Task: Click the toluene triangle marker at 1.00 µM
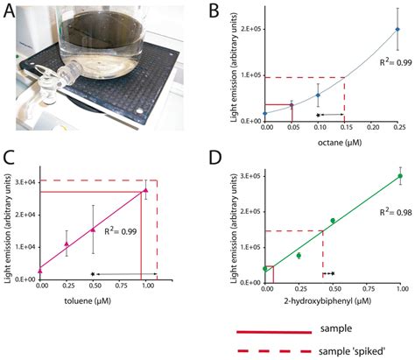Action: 146,190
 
